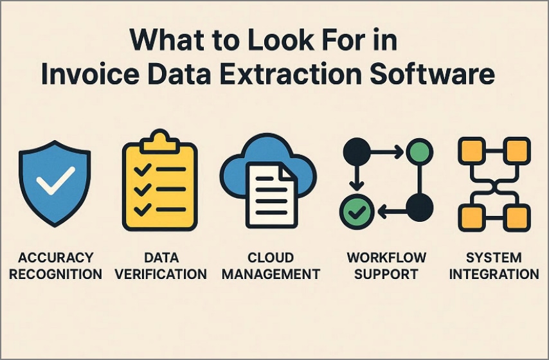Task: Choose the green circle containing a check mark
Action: pos(353,210)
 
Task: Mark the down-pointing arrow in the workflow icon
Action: pos(353,181)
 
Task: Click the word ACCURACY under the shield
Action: pos(56,258)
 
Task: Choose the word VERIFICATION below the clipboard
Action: pos(161,274)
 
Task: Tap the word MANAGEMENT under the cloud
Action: pos(274,274)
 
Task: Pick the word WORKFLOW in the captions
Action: pos(386,258)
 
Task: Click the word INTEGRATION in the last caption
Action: pos(494,274)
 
